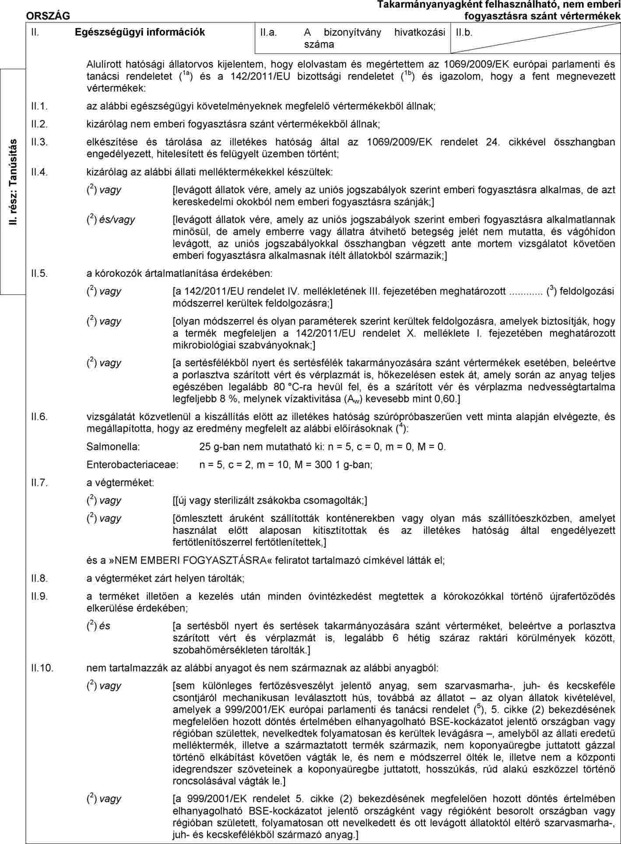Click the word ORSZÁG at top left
click(48, 16)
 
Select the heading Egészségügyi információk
click(140, 32)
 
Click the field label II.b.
click(464, 32)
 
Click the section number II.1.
click(39, 106)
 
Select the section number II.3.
click(39, 142)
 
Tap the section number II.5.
click(39, 273)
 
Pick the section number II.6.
click(39, 416)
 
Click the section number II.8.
click(39, 578)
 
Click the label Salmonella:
click(113, 447)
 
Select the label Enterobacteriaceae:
click(132, 464)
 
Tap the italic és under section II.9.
click(105, 626)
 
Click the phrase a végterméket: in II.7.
click(120, 483)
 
